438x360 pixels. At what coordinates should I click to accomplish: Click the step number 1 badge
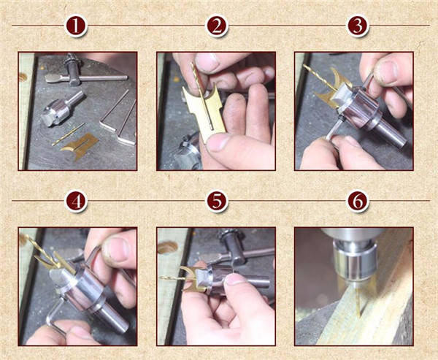click(76, 26)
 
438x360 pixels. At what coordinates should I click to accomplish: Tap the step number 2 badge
click(217, 26)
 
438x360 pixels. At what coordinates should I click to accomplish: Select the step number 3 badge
click(357, 26)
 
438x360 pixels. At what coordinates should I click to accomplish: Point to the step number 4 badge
click(76, 202)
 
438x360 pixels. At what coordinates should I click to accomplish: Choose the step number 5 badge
click(217, 202)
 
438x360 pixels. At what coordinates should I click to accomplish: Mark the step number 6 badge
click(357, 202)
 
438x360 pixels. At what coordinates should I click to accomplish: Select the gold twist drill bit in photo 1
click(68, 134)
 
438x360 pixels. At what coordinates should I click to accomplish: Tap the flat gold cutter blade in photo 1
click(80, 146)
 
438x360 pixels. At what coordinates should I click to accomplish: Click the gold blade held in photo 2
click(204, 112)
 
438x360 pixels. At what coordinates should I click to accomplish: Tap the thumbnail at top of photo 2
click(207, 62)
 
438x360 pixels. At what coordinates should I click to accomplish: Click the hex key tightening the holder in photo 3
click(334, 128)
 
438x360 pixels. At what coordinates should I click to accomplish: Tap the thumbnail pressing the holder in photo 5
click(236, 280)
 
